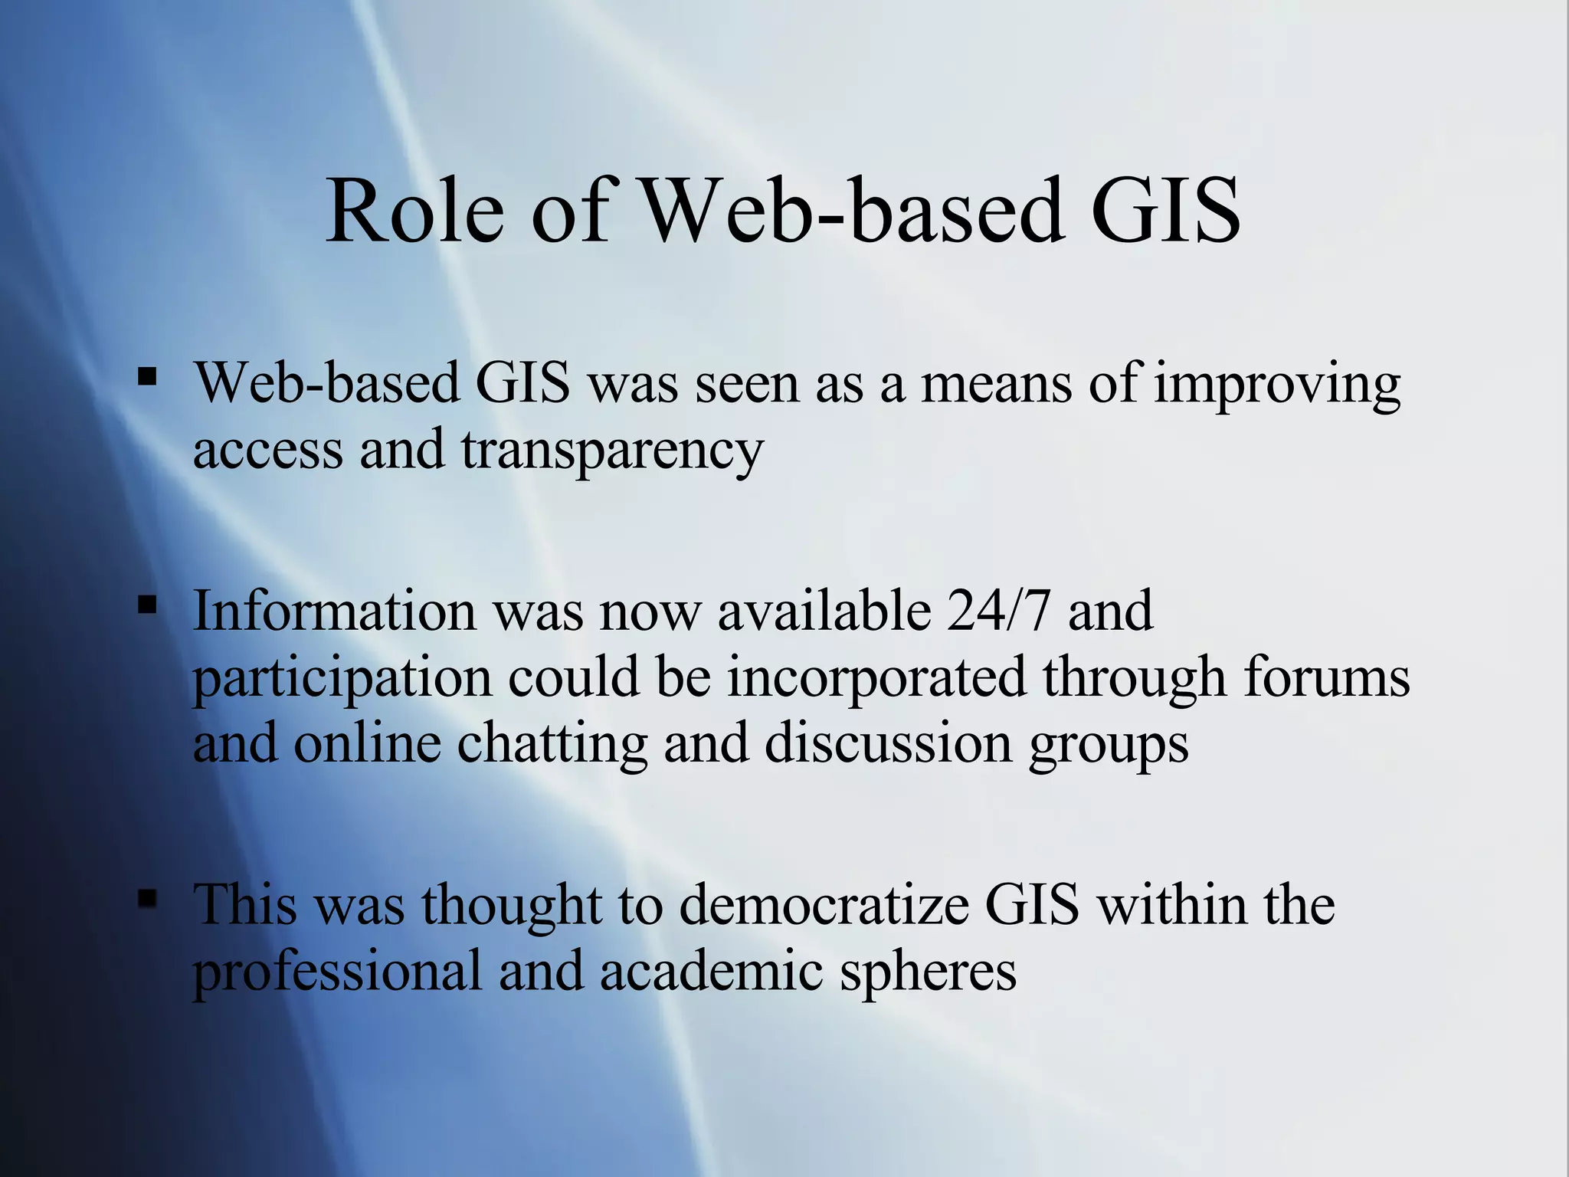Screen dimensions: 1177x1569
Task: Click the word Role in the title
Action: click(x=414, y=211)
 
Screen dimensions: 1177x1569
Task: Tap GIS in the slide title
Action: click(x=1164, y=211)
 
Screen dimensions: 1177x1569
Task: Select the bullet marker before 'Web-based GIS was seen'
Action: click(x=147, y=377)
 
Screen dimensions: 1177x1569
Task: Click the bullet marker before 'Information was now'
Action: click(x=147, y=605)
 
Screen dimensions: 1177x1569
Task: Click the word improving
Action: click(x=1277, y=385)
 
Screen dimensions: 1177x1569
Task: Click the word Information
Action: click(x=334, y=611)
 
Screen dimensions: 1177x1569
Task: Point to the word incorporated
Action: click(x=876, y=677)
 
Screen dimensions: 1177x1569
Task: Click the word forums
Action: click(x=1326, y=677)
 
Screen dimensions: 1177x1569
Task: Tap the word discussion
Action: click(x=888, y=743)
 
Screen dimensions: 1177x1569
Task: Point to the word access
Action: click(x=267, y=451)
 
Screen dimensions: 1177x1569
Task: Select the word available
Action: click(x=824, y=611)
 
